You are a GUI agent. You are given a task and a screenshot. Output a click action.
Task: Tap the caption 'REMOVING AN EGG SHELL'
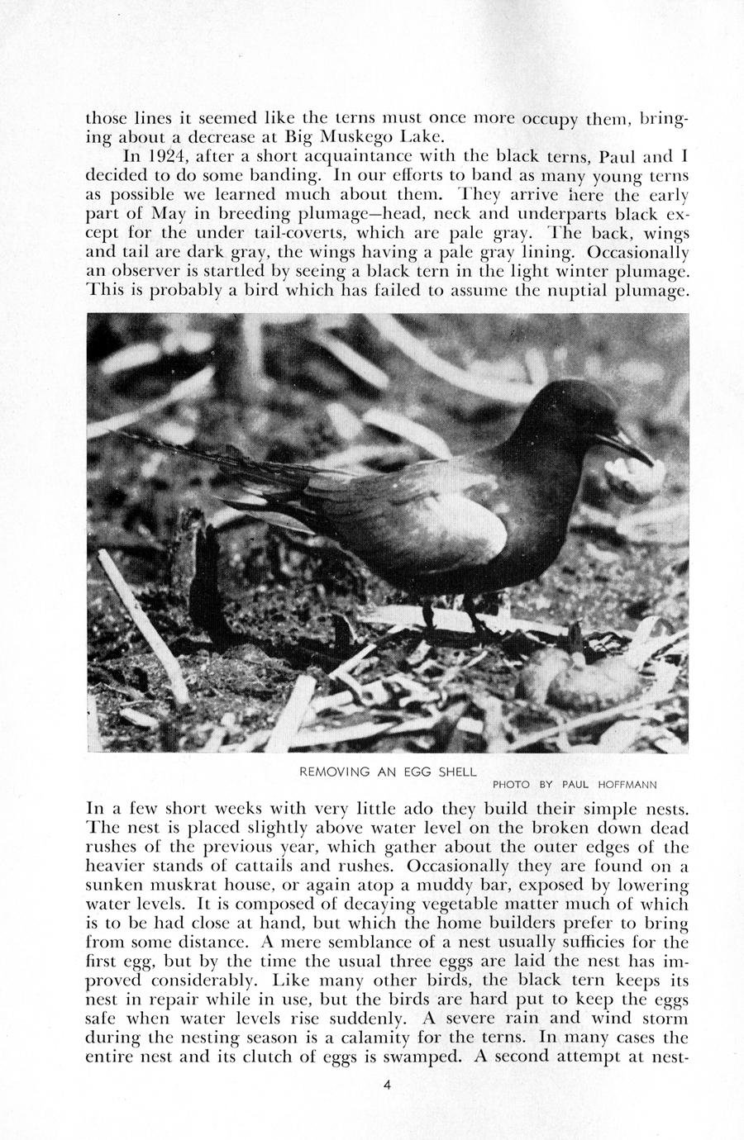pyautogui.click(x=388, y=772)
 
